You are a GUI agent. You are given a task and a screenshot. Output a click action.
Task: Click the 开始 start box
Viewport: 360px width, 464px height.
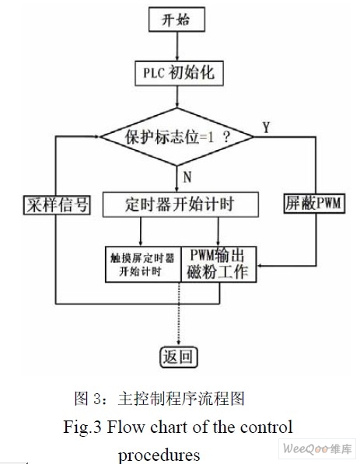177,19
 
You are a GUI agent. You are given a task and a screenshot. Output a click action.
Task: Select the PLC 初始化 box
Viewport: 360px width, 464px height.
179,73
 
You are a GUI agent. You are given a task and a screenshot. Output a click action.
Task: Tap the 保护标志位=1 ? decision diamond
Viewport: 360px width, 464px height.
177,137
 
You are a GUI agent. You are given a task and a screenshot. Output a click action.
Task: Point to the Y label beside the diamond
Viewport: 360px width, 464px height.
267,127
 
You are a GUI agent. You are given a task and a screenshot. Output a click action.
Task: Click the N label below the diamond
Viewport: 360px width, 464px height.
187,177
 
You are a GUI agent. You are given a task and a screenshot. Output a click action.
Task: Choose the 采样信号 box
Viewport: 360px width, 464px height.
57,204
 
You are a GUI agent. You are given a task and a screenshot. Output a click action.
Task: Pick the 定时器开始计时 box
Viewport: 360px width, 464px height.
180,204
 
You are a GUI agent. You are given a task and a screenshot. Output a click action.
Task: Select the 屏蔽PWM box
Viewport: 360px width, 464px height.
314,204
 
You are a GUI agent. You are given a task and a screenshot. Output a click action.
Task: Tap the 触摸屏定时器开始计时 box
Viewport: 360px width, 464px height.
143,264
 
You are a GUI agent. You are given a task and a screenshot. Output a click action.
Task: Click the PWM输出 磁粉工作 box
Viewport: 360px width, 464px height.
218,264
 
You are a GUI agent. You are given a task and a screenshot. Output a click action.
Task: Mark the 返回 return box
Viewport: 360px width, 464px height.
179,358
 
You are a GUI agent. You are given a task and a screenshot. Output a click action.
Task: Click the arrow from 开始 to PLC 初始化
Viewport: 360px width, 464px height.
177,46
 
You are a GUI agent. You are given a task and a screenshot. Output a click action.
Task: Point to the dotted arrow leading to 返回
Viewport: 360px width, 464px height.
179,314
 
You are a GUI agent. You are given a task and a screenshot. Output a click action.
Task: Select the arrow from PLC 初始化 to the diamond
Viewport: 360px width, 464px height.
177,97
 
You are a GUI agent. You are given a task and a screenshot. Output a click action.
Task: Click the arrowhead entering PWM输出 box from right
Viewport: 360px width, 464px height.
260,266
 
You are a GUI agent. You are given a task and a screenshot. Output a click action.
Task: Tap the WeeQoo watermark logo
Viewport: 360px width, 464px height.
317,449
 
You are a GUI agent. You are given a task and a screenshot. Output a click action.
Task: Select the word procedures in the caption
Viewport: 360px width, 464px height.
159,455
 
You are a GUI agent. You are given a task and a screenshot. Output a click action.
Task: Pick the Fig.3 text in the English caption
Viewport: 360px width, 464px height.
82,427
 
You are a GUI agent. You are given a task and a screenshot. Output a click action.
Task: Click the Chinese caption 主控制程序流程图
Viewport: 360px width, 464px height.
181,398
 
